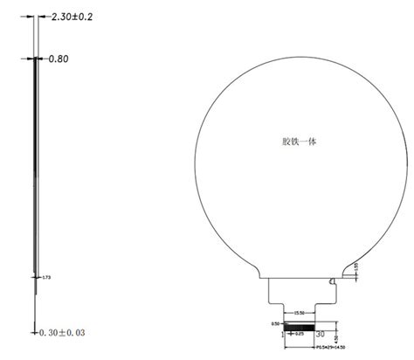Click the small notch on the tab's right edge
pyautogui.click(x=332, y=282)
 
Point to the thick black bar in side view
pyautogui.click(x=36, y=157)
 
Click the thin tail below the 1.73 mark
pyautogui.click(x=36, y=301)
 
